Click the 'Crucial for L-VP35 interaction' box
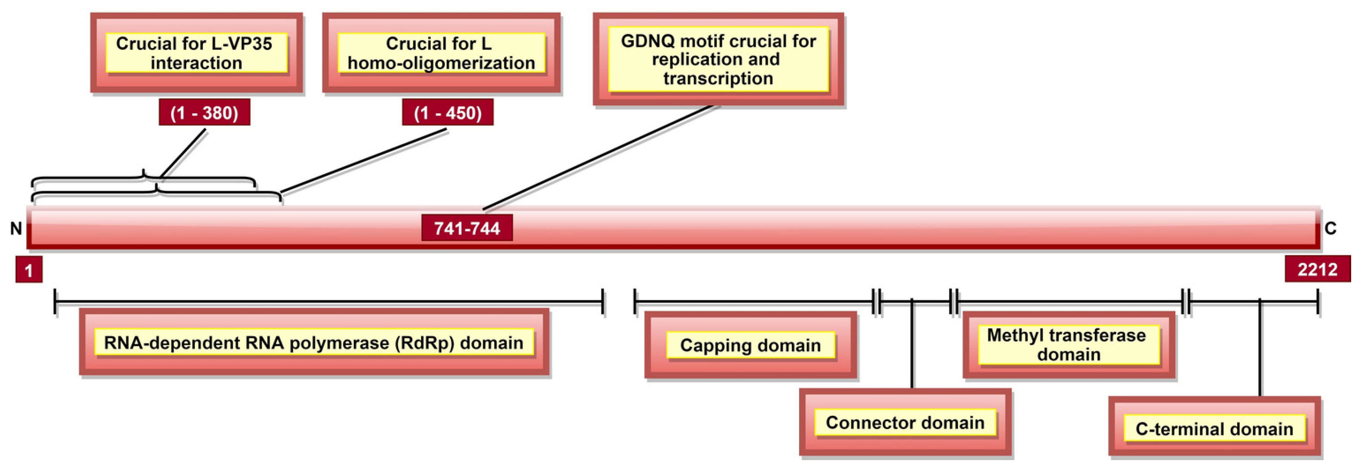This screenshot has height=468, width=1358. pos(196,53)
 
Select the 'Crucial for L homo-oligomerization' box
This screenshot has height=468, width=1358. pos(441,53)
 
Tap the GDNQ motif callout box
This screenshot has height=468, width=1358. pos(718,59)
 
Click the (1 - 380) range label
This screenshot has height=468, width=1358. pos(204,112)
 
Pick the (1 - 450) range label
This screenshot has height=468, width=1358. pos(447,112)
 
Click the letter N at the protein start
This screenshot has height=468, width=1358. pos(16,228)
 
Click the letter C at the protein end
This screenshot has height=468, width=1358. pos(1330,228)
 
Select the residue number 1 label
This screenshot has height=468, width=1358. pos(29,270)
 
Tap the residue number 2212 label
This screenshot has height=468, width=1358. pos(1317,269)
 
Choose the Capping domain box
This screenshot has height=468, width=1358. pos(750,345)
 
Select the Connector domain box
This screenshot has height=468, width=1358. pos(905,422)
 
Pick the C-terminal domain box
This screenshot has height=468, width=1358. pos(1214,429)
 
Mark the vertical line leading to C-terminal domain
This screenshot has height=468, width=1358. pos(1259,348)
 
